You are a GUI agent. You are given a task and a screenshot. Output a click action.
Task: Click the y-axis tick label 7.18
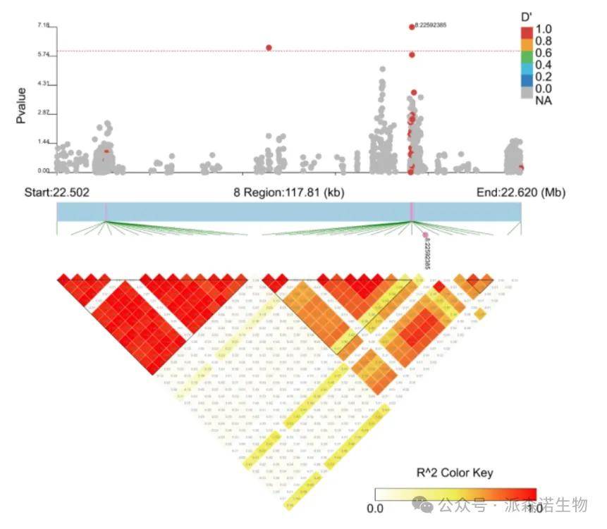44,26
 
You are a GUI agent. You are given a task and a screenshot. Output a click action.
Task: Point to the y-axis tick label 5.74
44,55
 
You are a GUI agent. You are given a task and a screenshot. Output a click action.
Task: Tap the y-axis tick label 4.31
44,85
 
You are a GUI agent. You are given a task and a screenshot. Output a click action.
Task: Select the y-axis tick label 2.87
44,113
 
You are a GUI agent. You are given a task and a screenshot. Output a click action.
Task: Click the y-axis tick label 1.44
44,142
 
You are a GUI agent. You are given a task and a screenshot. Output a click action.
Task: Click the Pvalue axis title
22,105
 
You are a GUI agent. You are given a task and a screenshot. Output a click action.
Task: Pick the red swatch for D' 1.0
527,30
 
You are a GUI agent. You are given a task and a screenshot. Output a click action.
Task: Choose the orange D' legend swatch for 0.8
527,42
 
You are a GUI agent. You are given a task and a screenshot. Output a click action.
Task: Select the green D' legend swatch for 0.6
527,54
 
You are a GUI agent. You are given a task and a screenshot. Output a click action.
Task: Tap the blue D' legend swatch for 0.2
527,77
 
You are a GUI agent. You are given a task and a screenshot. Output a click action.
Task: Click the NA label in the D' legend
544,101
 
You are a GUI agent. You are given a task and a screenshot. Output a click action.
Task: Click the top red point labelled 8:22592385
412,27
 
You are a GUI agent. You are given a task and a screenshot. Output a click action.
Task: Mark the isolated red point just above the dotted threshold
269,48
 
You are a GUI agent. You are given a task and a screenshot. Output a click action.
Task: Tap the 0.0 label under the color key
376,507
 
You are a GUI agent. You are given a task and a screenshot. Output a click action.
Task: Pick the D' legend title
526,16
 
